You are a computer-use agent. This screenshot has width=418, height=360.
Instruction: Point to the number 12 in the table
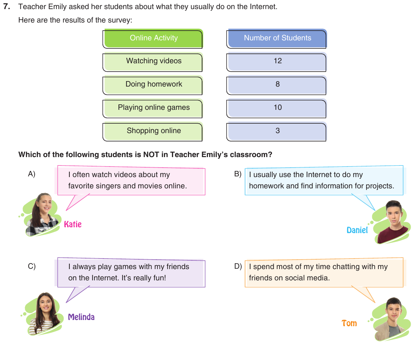click(278, 61)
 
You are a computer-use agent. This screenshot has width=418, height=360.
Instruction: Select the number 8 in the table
click(278, 84)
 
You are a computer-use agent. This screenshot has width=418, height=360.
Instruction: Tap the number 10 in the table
click(278, 107)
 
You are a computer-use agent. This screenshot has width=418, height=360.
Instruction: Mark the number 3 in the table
click(278, 131)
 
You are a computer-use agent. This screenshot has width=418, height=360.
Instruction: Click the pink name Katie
click(73, 224)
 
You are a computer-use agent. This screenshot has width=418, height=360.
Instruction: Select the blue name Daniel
click(357, 230)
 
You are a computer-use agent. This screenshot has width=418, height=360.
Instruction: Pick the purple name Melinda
click(81, 317)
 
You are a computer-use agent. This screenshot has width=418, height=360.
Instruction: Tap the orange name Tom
click(349, 323)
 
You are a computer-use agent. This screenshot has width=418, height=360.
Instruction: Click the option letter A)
click(32, 174)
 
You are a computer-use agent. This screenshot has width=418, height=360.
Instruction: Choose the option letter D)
click(238, 266)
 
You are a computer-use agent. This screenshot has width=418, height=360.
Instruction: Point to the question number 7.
click(7, 7)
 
